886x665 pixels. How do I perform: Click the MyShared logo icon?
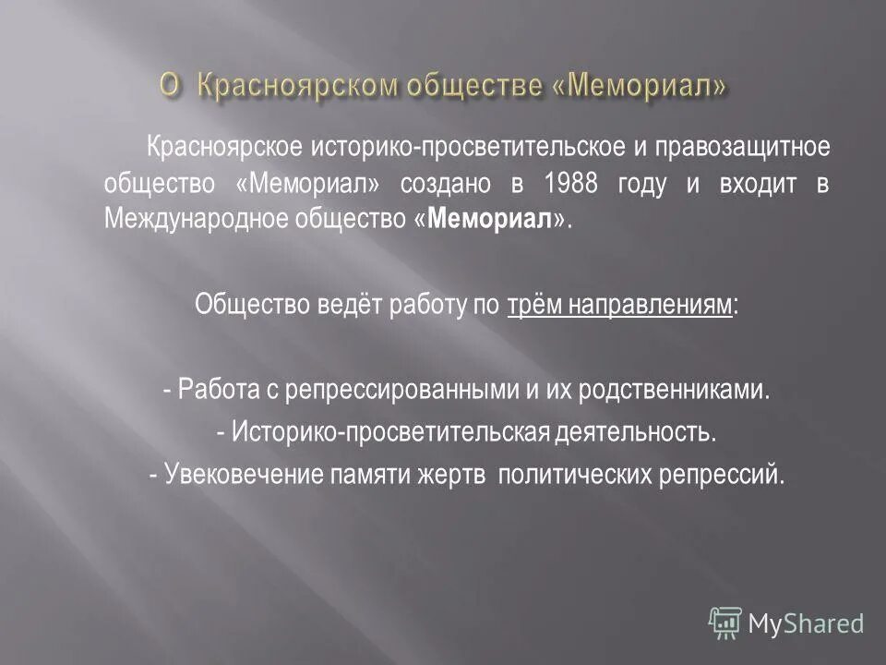tap(726, 624)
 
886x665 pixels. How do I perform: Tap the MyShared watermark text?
tap(807, 624)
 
